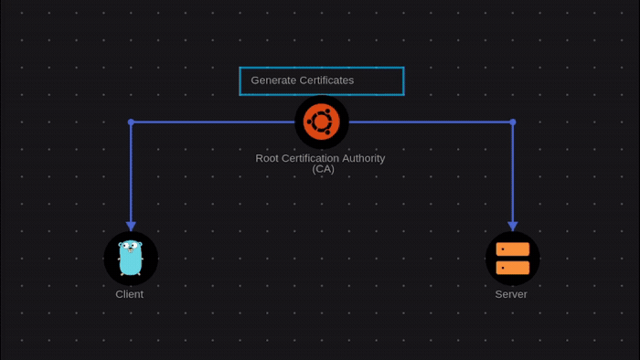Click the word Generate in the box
(272, 80)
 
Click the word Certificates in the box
(325, 80)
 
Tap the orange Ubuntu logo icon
(322, 122)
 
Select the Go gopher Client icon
(131, 258)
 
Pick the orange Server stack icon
(512, 259)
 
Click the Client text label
(129, 294)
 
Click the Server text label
(511, 294)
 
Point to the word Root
(267, 158)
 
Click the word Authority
(358, 158)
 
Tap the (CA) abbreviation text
(323, 169)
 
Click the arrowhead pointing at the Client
(131, 226)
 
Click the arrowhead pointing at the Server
(512, 226)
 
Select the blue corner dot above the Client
(131, 122)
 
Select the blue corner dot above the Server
(512, 122)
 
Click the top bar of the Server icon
(512, 249)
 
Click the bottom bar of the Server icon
(512, 268)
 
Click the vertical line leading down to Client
(131, 174)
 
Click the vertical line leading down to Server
(512, 174)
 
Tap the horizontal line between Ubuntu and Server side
(430, 122)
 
